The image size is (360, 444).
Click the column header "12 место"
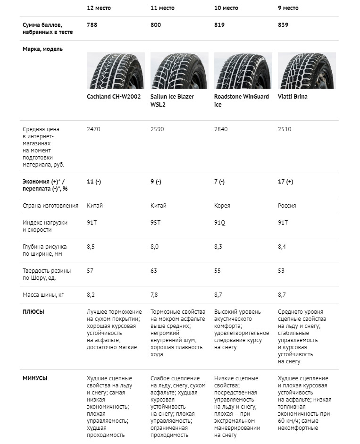[99, 8]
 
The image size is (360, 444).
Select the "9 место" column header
[288, 8]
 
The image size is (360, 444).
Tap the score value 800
[156, 25]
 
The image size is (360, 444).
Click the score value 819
[219, 25]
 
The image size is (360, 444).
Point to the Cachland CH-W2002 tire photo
[115, 71]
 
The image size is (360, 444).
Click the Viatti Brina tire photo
[307, 71]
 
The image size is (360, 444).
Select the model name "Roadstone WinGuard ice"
[241, 101]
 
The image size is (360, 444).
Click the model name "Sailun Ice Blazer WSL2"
[172, 101]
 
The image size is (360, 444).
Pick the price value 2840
[221, 129]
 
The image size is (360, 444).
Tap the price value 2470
[94, 129]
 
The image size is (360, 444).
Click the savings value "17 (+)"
[285, 182]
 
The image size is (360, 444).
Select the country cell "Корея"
[222, 206]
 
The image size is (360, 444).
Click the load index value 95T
[156, 222]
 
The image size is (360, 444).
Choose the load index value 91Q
[220, 222]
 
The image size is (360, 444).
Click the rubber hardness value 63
[154, 271]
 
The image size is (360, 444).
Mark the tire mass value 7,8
[154, 295]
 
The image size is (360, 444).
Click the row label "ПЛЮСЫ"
[33, 311]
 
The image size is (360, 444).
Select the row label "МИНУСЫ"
[35, 378]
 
